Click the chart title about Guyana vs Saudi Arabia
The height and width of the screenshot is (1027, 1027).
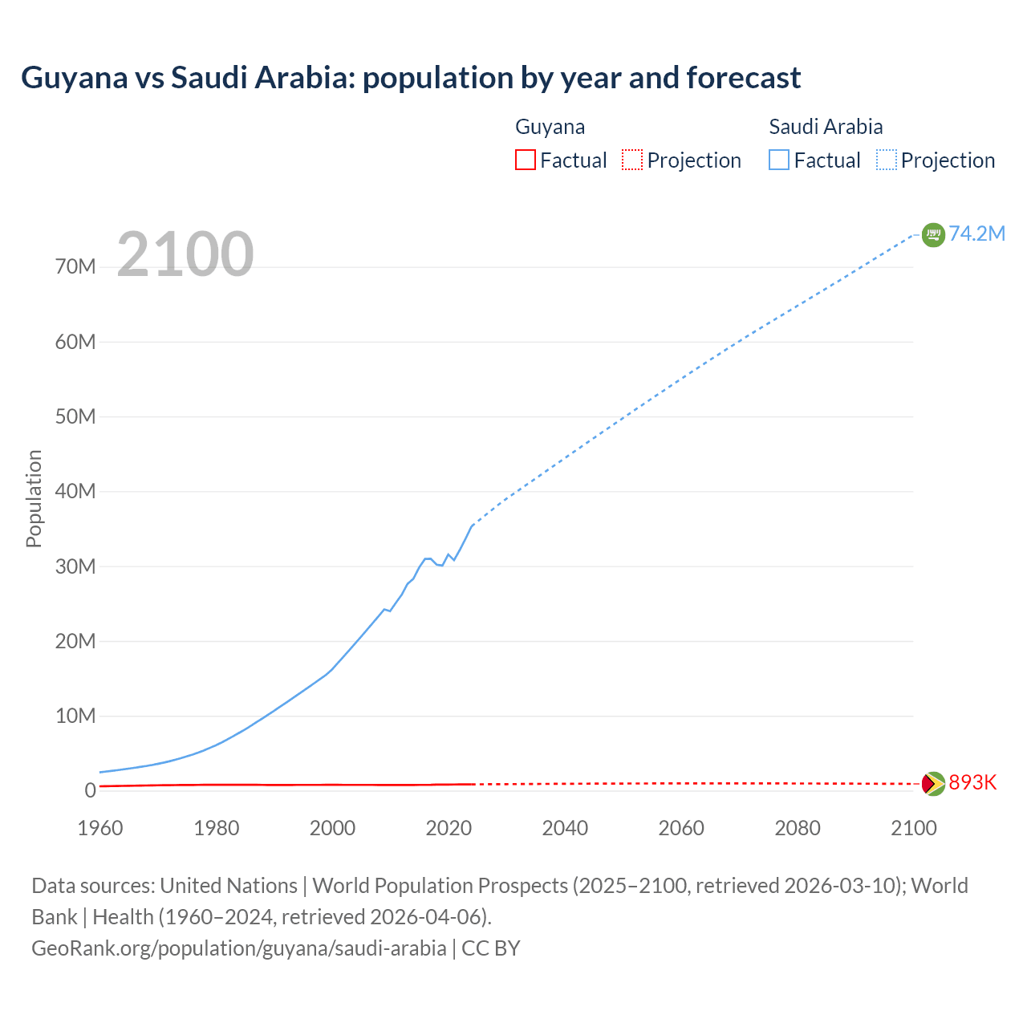[x=411, y=78]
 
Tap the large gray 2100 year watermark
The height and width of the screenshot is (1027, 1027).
[x=185, y=254]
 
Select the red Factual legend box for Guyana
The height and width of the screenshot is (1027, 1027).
[x=526, y=160]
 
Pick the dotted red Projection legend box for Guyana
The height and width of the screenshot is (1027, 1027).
[x=632, y=160]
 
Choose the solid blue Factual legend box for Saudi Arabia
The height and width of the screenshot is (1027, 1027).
[x=779, y=160]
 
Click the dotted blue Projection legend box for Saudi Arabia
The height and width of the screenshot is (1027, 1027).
[x=887, y=160]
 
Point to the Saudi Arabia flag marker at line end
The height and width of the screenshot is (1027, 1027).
[x=933, y=234]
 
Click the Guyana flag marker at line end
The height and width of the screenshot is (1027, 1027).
[x=933, y=783]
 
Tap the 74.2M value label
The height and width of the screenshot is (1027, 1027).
[x=976, y=233]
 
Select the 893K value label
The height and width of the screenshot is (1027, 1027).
[x=972, y=782]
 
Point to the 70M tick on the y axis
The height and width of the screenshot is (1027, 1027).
[x=75, y=266]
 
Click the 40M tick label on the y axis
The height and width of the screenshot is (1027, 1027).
[x=75, y=491]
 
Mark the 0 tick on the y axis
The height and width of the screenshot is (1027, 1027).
[x=91, y=790]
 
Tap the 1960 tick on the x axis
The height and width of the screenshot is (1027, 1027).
[x=100, y=828]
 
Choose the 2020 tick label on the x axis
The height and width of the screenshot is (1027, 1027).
[x=449, y=828]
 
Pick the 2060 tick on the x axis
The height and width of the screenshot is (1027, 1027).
[x=681, y=828]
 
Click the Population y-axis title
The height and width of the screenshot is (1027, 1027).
[x=34, y=498]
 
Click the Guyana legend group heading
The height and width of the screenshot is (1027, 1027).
[x=550, y=127]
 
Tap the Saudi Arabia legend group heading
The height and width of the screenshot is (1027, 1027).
[x=826, y=127]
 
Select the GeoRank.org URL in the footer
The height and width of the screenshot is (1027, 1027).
[x=239, y=948]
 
